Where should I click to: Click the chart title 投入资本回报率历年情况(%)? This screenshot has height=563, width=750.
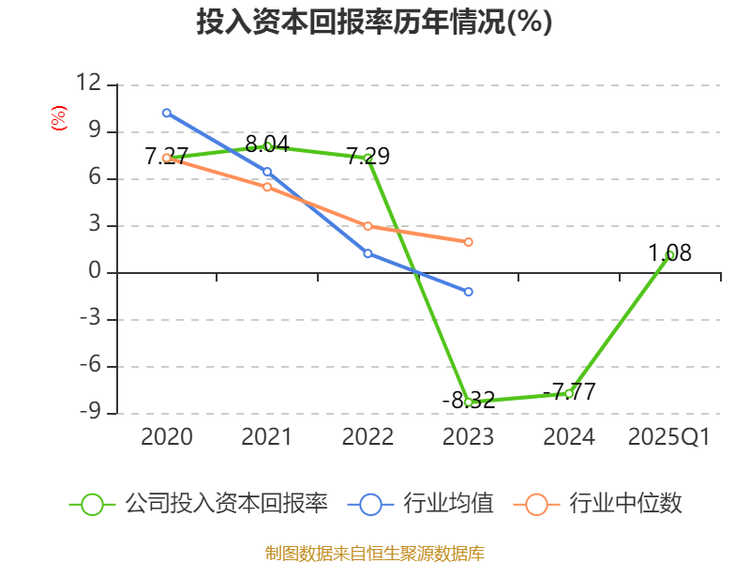(x=374, y=23)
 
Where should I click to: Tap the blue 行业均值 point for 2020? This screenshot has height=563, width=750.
(x=167, y=113)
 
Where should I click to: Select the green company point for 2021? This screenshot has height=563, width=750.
(x=268, y=145)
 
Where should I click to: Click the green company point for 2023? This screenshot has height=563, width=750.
(x=469, y=402)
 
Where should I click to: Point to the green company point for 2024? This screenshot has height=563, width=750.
(x=569, y=393)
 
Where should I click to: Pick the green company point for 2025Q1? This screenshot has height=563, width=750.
(x=669, y=254)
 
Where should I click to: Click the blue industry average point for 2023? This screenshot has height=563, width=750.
(x=469, y=292)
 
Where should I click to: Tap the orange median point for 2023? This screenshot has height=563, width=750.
(x=469, y=242)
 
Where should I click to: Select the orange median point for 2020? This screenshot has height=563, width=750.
(x=167, y=158)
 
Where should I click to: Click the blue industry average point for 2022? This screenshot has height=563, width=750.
(x=367, y=253)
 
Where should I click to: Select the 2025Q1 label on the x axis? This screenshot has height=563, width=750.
(x=669, y=437)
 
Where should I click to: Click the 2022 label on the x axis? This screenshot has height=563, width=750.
(x=367, y=437)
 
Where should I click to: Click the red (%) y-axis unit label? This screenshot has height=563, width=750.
(x=58, y=119)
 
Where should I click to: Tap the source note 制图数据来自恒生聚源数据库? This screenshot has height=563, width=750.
(x=374, y=553)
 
